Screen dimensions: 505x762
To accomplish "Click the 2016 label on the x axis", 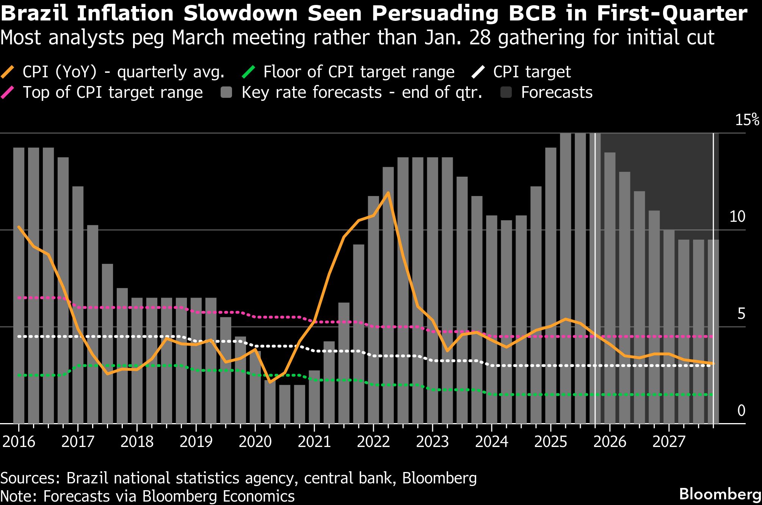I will [19, 442].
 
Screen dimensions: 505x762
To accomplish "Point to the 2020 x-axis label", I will [255, 442].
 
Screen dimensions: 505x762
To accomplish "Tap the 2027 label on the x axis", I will [669, 442].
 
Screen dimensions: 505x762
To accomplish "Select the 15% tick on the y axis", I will [747, 120].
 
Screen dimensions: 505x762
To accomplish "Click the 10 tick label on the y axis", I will [737, 217].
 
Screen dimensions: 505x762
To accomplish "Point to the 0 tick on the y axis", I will [742, 411].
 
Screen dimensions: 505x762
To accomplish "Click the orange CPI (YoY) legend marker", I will [8, 72].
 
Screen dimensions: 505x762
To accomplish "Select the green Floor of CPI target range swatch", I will [249, 72].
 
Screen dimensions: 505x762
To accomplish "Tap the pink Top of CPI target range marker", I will [8, 93].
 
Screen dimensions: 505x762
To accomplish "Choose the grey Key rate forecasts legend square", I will [226, 93].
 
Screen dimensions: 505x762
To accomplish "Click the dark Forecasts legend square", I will [506, 93].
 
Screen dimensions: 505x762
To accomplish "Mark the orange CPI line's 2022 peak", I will [388, 193].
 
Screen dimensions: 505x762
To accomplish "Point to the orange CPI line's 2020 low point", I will [270, 382].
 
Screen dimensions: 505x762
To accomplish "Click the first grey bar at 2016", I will [19, 284].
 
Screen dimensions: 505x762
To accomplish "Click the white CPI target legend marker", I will [479, 72].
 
